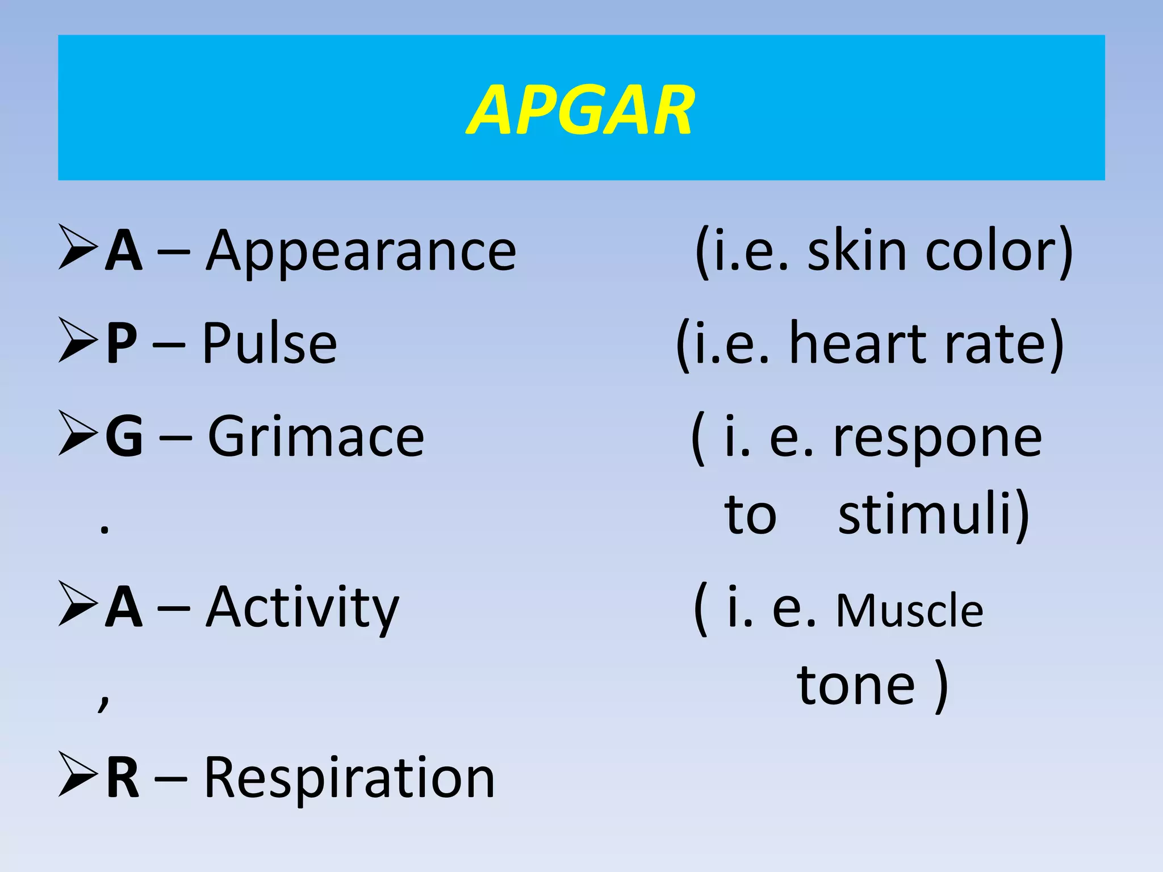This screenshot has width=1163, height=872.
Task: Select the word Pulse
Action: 270,343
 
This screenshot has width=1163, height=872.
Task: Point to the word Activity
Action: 303,607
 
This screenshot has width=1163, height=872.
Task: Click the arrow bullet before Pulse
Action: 78,340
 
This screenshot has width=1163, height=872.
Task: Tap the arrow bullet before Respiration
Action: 78,775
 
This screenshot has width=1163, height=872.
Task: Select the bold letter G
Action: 124,436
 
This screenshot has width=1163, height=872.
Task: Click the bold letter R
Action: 123,778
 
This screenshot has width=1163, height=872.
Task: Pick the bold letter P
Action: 122,343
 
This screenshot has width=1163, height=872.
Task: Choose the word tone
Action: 856,686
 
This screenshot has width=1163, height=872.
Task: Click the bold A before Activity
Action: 123,607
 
